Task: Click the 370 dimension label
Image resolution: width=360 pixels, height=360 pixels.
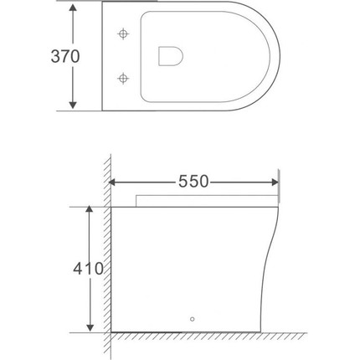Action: coord(64,57)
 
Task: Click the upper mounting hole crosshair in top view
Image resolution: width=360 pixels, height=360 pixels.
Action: coord(124,35)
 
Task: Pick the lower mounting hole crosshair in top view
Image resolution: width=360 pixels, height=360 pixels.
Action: coord(124,79)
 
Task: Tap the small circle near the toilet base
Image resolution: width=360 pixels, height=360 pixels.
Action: coord(193,319)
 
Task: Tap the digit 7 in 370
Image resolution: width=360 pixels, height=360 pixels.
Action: coord(64,57)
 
